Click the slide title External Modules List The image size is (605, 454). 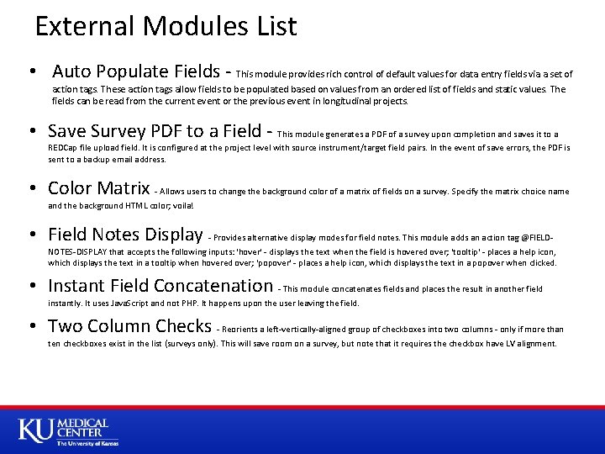[166, 26]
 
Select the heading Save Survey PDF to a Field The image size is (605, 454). [154, 131]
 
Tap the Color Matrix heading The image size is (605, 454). [98, 188]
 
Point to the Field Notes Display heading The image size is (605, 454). [124, 235]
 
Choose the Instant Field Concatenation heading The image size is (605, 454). [160, 286]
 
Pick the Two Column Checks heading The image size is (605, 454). [129, 326]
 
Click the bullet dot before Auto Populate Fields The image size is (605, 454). [30, 71]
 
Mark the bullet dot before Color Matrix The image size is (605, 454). [30, 189]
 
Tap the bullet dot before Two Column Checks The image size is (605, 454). [30, 327]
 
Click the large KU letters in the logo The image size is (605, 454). [36, 430]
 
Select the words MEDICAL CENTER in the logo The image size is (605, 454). [82, 428]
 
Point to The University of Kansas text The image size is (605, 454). [87, 443]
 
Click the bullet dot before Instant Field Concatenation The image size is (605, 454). [30, 287]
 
